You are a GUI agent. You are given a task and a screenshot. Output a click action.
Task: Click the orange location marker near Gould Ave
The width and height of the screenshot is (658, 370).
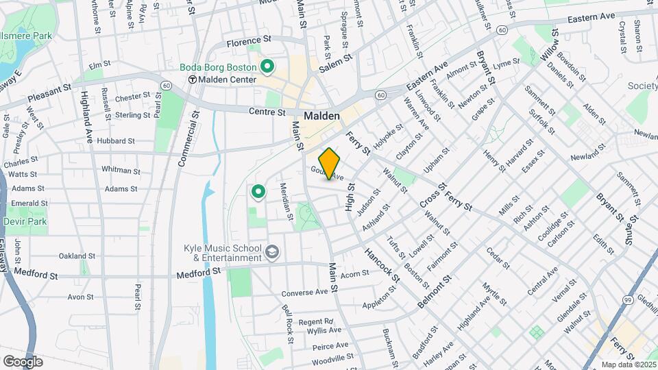click(330, 164)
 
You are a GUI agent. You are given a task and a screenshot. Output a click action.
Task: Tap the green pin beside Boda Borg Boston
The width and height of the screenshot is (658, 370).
click(267, 66)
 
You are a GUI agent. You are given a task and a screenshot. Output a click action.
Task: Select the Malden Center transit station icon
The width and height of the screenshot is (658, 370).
click(193, 79)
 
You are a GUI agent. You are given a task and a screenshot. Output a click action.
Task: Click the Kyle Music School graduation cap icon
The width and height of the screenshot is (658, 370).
click(272, 252)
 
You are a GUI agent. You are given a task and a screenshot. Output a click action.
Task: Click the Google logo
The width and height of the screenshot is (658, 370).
click(23, 361)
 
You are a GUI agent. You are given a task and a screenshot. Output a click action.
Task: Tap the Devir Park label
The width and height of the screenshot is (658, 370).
click(24, 223)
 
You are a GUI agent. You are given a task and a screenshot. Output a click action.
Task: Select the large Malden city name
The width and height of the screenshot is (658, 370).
click(321, 116)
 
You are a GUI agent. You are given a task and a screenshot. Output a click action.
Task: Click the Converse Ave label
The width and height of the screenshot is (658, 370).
click(305, 292)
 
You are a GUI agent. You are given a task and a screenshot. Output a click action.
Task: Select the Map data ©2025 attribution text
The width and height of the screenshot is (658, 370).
click(628, 365)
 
